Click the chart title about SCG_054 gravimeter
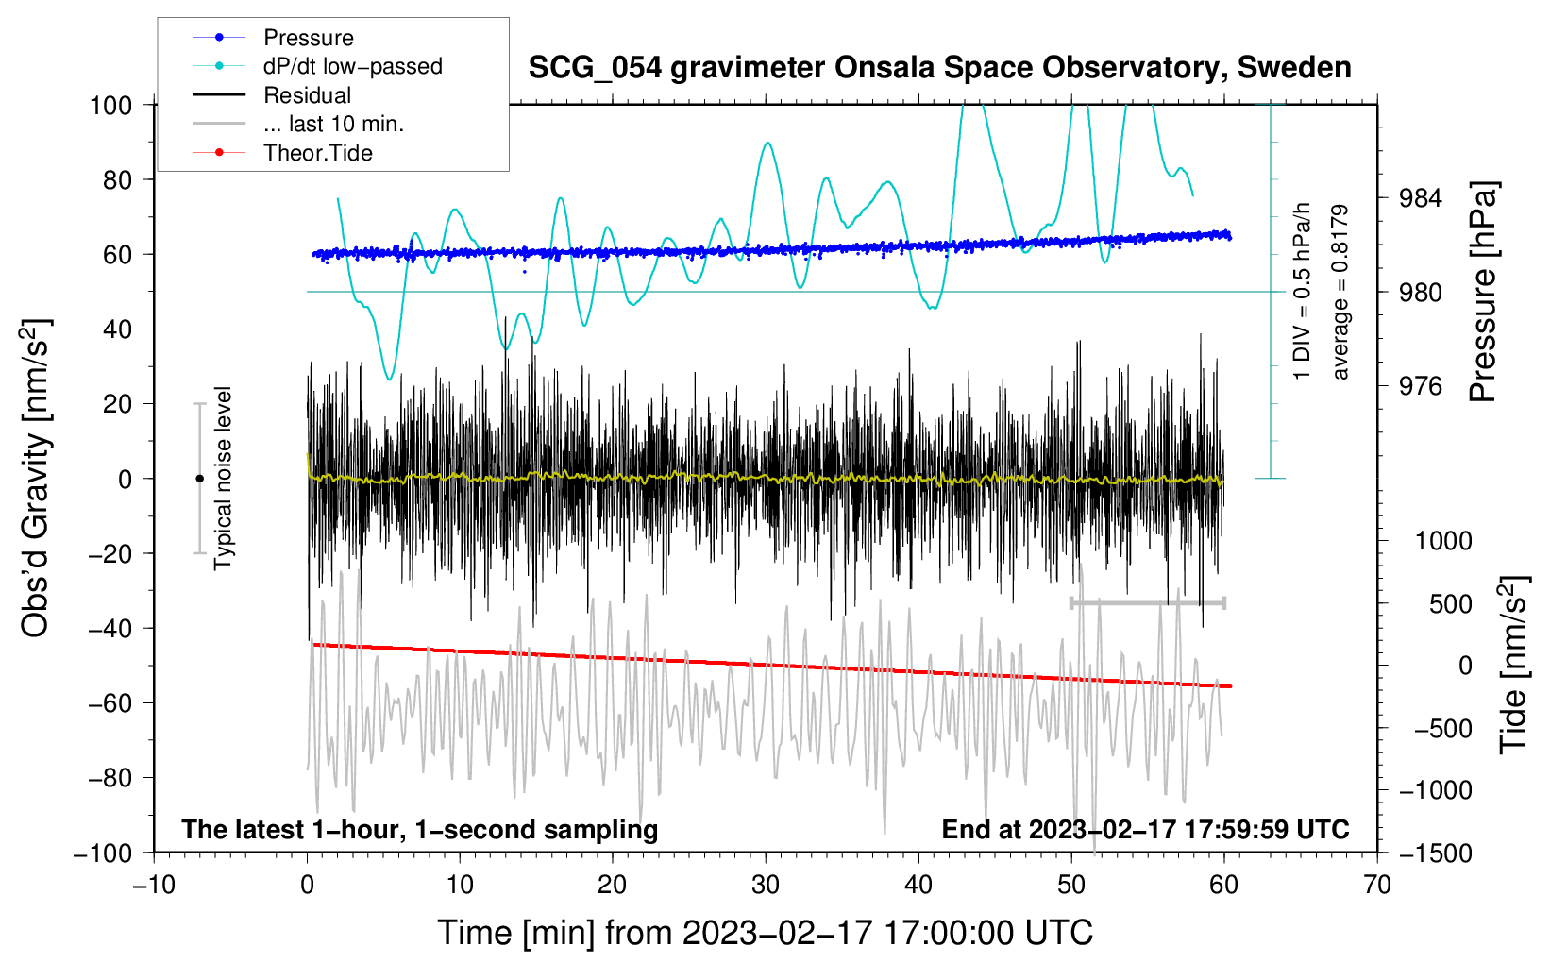[x=939, y=68]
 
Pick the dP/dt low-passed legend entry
[x=352, y=66]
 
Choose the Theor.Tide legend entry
[x=317, y=153]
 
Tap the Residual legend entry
[x=307, y=95]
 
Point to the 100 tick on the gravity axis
[x=110, y=105]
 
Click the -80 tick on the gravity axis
[x=110, y=778]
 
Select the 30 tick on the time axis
[x=766, y=885]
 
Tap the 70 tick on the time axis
[x=1377, y=885]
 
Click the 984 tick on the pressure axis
[x=1421, y=198]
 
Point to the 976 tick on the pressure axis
[x=1421, y=386]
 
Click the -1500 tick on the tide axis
[x=1436, y=853]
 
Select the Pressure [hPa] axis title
[x=1483, y=293]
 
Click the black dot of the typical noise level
[x=199, y=479]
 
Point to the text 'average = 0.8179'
[x=1340, y=293]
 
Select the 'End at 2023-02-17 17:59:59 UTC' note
[x=1145, y=830]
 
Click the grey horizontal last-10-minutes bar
[x=1148, y=602]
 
